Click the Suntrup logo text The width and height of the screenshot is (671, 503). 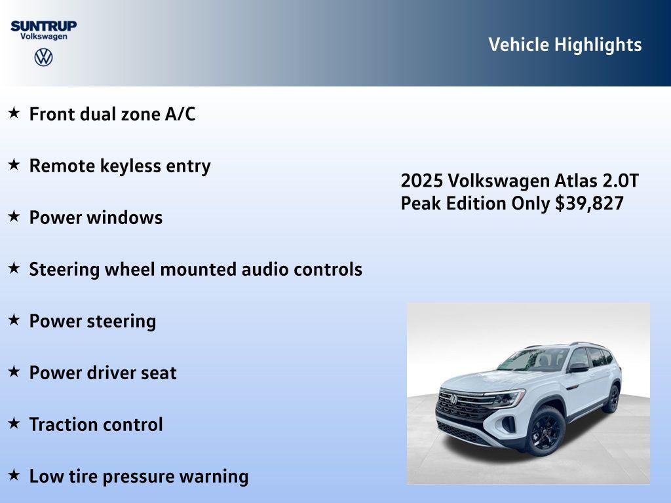pos(43,26)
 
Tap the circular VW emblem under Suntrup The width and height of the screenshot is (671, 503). pos(43,57)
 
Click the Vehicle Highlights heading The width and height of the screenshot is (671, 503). pos(565,45)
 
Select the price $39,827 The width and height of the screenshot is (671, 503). pos(589,203)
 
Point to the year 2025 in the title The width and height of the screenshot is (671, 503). pos(422,181)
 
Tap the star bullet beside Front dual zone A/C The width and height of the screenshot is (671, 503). pos(14,113)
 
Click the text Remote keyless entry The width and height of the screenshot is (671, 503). pos(120,166)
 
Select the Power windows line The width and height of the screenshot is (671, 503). pos(96,217)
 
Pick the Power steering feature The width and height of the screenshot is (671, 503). pos(92,321)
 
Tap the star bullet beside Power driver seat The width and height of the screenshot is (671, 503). pos(14,371)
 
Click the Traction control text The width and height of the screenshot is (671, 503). pos(96,424)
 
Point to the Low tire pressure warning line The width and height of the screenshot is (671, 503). pos(138,476)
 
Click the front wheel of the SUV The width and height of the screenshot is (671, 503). pos(546,431)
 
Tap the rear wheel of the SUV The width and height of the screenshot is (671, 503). pos(613,399)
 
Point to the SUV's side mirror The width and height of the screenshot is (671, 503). pos(578,368)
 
